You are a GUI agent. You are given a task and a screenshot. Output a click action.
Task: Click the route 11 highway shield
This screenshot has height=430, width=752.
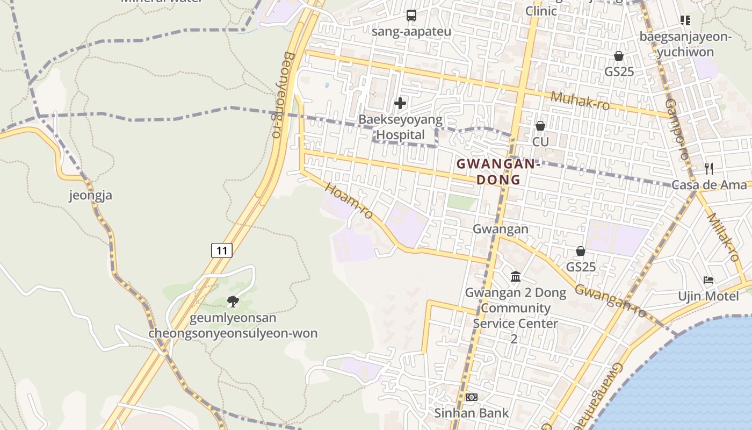tap(221, 250)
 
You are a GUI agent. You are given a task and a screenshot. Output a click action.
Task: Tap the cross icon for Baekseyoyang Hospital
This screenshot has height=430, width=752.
tap(400, 103)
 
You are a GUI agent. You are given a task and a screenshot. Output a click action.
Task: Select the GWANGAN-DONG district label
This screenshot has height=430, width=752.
tap(497, 171)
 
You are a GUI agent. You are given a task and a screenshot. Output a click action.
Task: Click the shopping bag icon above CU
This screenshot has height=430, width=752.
tap(540, 126)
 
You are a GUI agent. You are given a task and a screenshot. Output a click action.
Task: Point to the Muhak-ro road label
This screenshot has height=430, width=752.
tap(580, 101)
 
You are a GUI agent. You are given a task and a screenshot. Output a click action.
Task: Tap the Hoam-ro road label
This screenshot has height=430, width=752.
tap(349, 202)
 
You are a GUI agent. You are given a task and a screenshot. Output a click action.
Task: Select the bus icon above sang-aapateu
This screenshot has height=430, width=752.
tap(411, 16)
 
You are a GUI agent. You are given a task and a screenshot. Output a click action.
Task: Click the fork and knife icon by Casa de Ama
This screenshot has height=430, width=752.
tap(709, 169)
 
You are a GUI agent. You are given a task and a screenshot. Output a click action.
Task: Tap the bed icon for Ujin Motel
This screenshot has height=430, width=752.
tap(708, 280)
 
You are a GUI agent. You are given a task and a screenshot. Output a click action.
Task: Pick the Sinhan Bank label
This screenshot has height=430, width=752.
tap(471, 413)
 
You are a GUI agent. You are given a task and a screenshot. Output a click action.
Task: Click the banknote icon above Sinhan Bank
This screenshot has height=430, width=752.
tap(471, 397)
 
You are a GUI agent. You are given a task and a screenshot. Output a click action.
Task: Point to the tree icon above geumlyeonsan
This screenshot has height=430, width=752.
tap(233, 302)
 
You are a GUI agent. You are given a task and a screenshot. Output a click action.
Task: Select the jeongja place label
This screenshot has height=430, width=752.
tap(91, 195)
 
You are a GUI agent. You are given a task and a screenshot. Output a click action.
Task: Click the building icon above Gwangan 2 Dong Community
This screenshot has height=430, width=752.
tap(516, 277)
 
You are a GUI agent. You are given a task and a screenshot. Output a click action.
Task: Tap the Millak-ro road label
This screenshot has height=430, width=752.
tap(723, 237)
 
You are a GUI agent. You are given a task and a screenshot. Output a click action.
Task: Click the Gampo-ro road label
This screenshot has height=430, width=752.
tap(676, 129)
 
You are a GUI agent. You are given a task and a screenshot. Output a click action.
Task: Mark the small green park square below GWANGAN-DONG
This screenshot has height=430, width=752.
tap(461, 202)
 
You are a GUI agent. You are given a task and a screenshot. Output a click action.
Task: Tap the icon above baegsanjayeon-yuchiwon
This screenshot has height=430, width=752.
tap(685, 20)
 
